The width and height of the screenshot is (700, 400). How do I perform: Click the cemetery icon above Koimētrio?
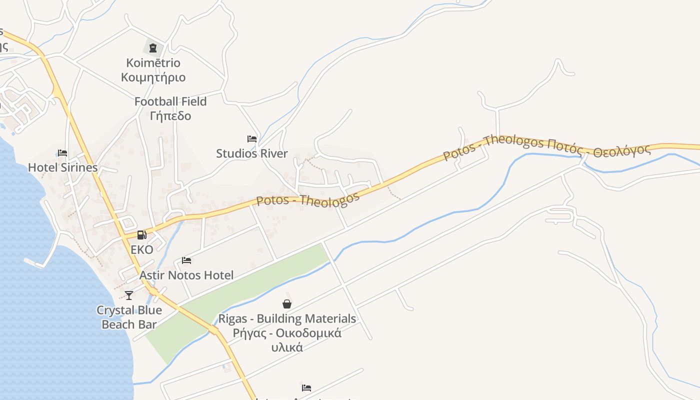[x=153, y=48]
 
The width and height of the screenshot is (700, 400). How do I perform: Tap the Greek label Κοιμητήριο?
[x=153, y=77]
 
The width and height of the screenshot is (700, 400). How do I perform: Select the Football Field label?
[x=170, y=101]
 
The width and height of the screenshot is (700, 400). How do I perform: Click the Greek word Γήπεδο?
[x=170, y=116]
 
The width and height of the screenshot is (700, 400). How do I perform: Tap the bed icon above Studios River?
[x=252, y=138]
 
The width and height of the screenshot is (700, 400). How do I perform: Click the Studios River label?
[x=252, y=153]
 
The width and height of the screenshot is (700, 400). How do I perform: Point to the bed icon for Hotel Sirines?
[x=62, y=152]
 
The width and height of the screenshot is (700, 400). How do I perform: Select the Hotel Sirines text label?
[x=63, y=167]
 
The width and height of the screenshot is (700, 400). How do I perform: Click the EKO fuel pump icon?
[x=142, y=234]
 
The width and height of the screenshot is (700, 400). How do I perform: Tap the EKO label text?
[x=142, y=249]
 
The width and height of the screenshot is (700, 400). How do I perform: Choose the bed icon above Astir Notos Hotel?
[x=186, y=260]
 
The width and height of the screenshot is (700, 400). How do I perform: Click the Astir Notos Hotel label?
[x=186, y=275]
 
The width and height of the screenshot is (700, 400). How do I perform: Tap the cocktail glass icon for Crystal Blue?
[x=129, y=295]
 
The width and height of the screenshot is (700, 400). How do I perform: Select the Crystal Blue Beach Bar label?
[x=129, y=317]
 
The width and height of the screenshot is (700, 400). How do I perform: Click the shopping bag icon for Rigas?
[x=287, y=303]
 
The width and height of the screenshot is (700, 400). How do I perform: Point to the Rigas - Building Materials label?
[x=287, y=318]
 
